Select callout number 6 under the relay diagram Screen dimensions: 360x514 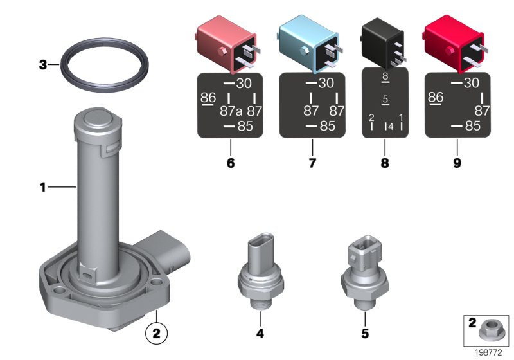[x=231, y=163]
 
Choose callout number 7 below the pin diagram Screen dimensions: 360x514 [x=312, y=163]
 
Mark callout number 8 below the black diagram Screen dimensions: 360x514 [x=385, y=163]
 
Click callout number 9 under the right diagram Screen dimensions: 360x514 [x=457, y=163]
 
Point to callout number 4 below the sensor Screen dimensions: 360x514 [x=260, y=334]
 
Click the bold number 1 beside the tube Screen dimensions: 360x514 [x=43, y=188]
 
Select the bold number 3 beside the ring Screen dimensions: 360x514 [x=43, y=64]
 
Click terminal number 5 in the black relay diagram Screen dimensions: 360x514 [x=385, y=100]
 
